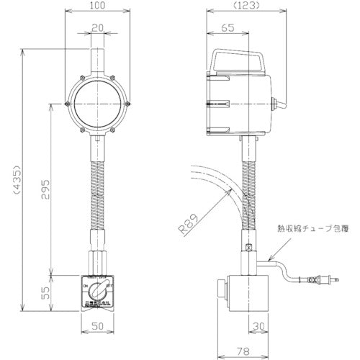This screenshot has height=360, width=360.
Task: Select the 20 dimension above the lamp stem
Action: pos(99,28)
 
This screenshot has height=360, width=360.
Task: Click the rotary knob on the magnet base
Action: pos(99,293)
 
